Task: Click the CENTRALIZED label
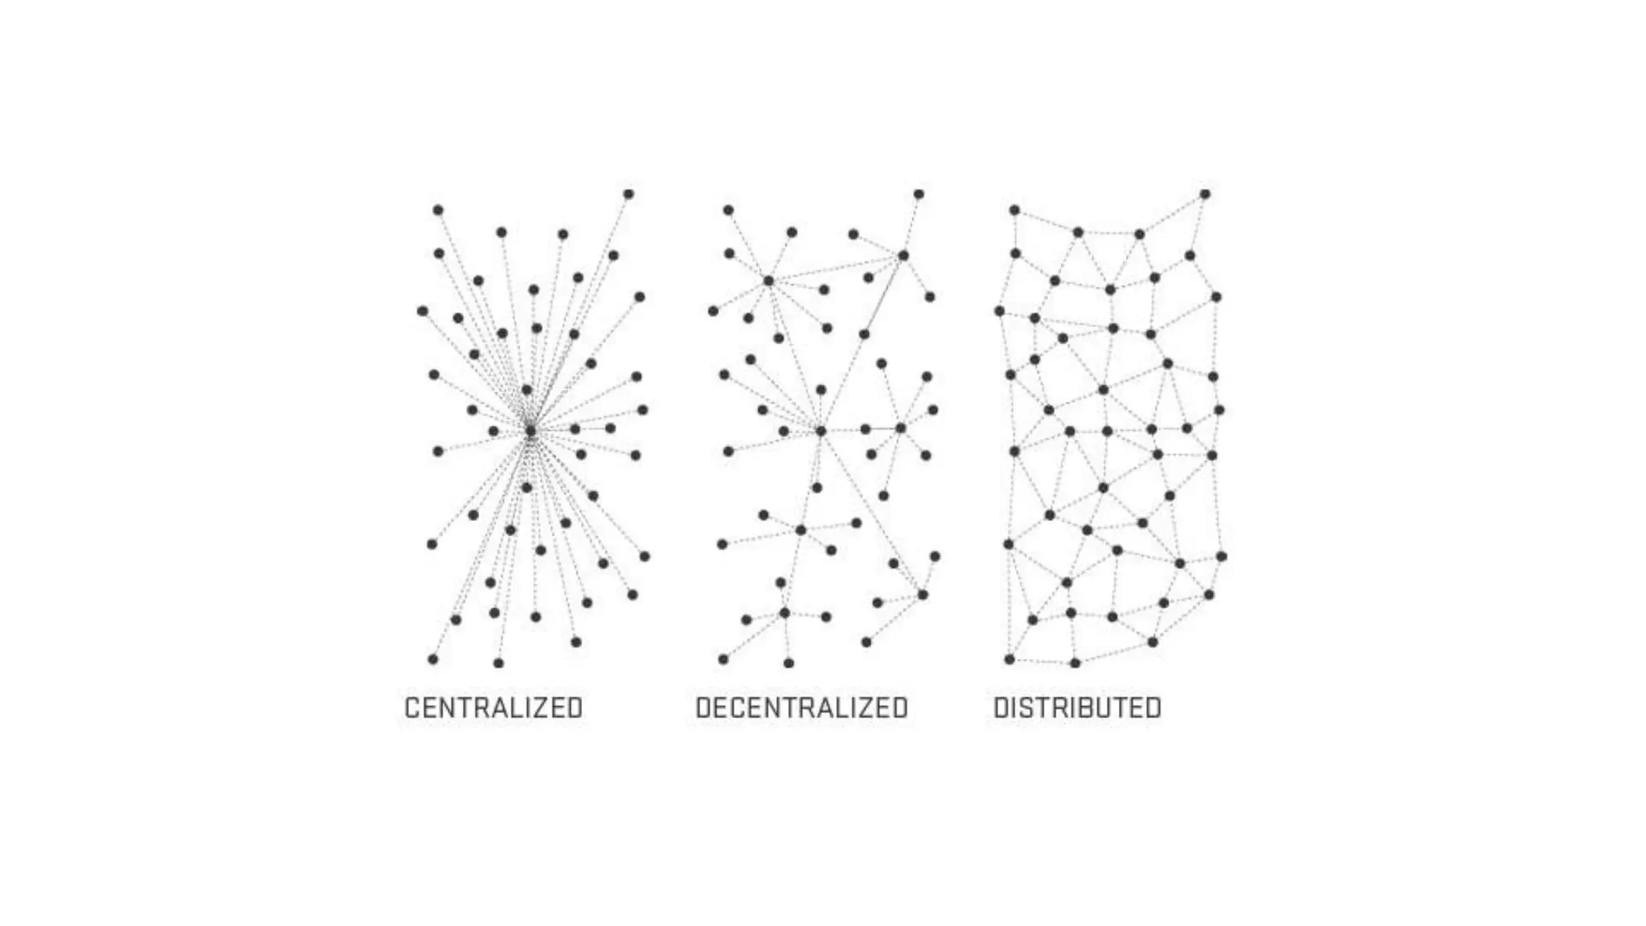point(493,708)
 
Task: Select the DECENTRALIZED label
point(801,708)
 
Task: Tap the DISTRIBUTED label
point(1077,708)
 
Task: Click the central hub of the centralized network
point(530,432)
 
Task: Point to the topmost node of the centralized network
point(629,194)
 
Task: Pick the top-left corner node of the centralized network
point(438,211)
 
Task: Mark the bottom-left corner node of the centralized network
point(433,659)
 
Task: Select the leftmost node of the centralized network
point(423,311)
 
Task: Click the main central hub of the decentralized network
point(821,432)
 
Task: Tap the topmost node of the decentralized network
point(919,194)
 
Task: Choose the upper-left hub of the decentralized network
point(768,281)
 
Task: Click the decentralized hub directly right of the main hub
point(900,428)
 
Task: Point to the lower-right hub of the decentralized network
point(923,595)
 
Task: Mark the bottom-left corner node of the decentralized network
point(723,659)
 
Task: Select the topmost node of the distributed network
point(1205,194)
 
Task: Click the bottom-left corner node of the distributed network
point(1009,659)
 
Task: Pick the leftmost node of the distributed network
point(1000,311)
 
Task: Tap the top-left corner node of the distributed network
point(1014,211)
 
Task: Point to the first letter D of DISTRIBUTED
point(1001,708)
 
